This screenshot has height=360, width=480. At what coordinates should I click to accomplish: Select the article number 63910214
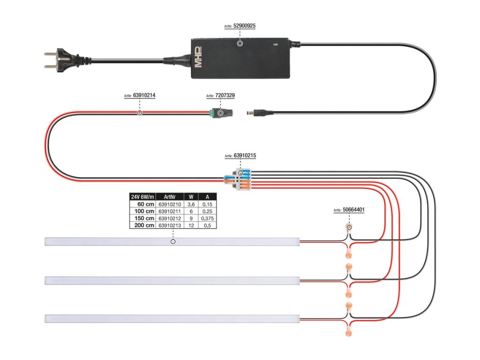tap(144, 95)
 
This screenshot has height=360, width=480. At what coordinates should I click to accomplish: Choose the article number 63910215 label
tap(244, 156)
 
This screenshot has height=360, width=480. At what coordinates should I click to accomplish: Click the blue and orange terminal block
tap(240, 180)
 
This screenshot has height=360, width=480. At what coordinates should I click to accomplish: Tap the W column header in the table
tap(190, 197)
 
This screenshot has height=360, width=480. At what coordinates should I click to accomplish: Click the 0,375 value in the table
tap(207, 218)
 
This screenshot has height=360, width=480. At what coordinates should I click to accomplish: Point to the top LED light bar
tap(172, 242)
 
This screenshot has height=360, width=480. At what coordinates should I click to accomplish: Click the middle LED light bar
tap(172, 280)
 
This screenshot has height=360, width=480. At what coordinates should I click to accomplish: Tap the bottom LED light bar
tap(172, 318)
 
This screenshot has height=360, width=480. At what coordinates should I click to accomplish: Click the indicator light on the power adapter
tap(275, 45)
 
